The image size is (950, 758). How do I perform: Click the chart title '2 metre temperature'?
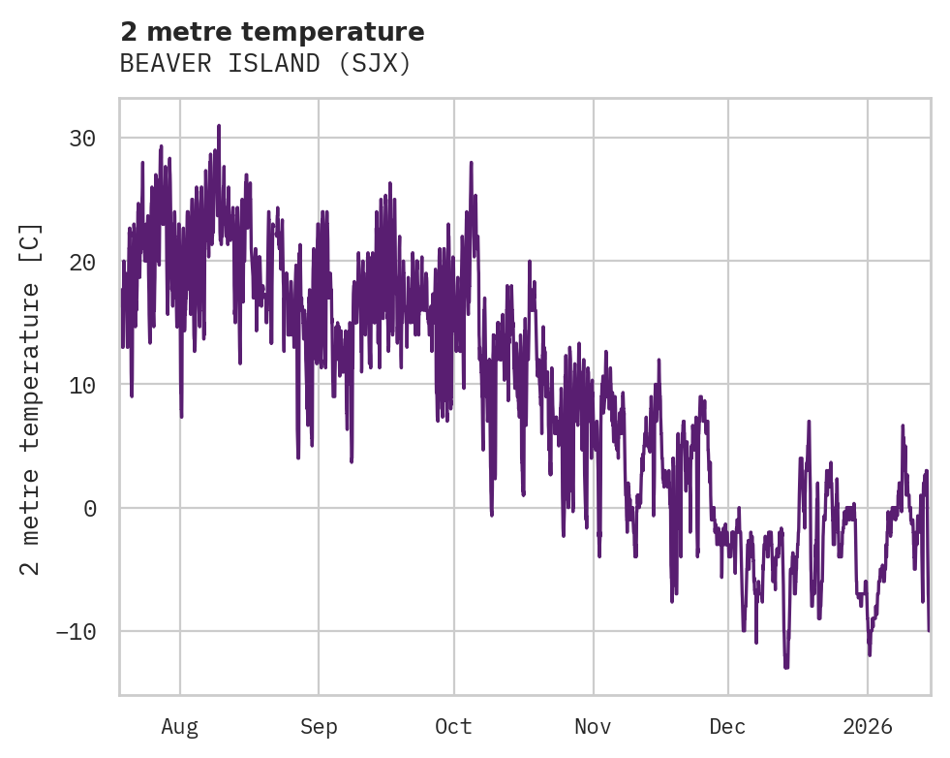[x=272, y=32]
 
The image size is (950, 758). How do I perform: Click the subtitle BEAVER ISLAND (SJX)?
[x=266, y=63]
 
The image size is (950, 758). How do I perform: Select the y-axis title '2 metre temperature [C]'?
[x=31, y=398]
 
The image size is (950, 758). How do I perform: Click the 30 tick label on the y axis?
[x=81, y=139]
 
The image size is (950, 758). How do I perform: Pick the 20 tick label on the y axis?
[x=81, y=262]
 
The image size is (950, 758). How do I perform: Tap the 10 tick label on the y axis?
[x=81, y=385]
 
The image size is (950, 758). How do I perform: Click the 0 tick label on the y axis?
[x=89, y=508]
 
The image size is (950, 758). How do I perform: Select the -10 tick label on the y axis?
[x=76, y=631]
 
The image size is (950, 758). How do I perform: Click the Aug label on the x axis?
[x=179, y=726]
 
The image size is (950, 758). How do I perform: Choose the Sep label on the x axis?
[x=318, y=726]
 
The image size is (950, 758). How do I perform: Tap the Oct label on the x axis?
[x=453, y=726]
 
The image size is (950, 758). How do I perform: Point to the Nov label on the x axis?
[x=593, y=726]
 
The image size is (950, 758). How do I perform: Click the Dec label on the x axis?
[x=727, y=726]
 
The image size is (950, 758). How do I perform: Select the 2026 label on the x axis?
[x=867, y=726]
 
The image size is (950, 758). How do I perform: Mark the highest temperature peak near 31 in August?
[x=219, y=126]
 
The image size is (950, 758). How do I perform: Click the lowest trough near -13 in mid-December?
[x=786, y=667]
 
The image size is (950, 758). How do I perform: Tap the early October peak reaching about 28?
[x=471, y=163]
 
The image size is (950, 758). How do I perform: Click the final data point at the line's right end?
[x=928, y=630]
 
